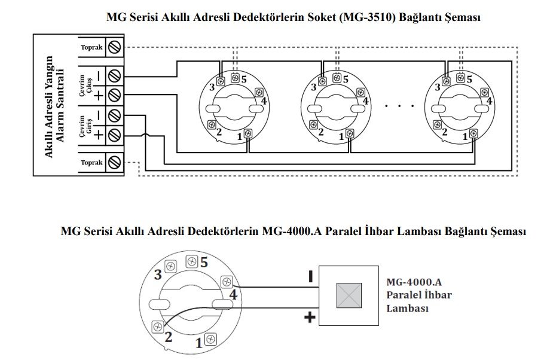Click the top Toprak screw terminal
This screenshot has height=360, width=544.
pyautogui.click(x=114, y=47)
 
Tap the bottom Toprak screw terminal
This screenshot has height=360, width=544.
pyautogui.click(x=114, y=162)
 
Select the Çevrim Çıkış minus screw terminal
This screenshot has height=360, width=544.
pyautogui.click(x=114, y=76)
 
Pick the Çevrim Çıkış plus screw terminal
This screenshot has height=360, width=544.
pyautogui.click(x=114, y=94)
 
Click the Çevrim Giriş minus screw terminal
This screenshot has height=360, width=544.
pyautogui.click(x=114, y=115)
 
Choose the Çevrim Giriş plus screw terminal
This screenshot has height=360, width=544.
pyautogui.click(x=114, y=135)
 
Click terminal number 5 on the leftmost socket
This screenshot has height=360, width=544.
pyautogui.click(x=244, y=80)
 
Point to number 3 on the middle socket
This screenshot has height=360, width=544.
pyautogui.click(x=314, y=87)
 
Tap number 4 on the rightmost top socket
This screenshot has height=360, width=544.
pyautogui.click(x=489, y=101)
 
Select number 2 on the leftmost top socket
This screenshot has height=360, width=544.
pyautogui.click(x=219, y=132)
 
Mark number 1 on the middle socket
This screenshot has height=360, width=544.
pyautogui.click(x=341, y=137)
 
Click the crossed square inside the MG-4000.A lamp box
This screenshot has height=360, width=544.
pyautogui.click(x=349, y=295)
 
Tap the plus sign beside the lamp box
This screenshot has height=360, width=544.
pyautogui.click(x=310, y=317)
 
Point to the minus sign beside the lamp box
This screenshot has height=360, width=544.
pyautogui.click(x=310, y=277)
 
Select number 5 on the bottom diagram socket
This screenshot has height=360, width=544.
pyautogui.click(x=204, y=263)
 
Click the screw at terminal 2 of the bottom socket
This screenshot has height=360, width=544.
pyautogui.click(x=158, y=327)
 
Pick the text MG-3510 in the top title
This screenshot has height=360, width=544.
pyautogui.click(x=366, y=17)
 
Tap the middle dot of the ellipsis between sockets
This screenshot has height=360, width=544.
pyautogui.click(x=399, y=105)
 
